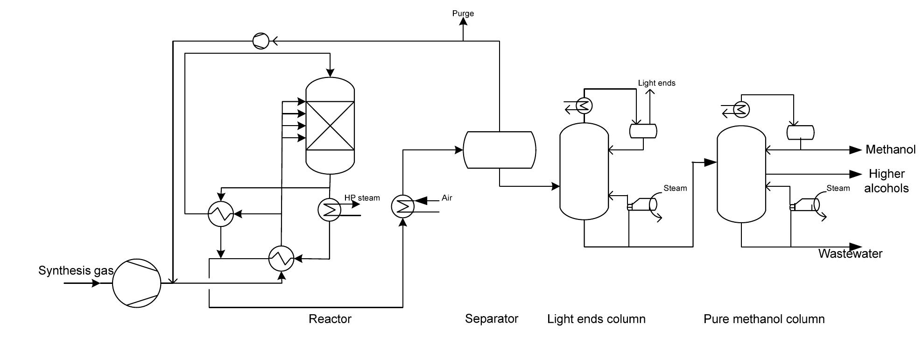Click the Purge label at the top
463,14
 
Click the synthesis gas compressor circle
136,283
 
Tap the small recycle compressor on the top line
261,41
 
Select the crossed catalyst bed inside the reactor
330,126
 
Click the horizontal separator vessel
499,150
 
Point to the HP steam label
362,198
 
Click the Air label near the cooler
447,198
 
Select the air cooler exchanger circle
403,206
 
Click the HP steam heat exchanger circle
330,210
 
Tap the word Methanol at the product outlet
890,149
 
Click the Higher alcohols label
886,181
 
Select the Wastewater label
850,254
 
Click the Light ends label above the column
656,83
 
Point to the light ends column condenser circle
584,106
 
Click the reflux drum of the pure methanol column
800,132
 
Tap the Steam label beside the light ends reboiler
675,188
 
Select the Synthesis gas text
76,270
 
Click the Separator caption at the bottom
491,319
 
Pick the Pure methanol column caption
764,319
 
